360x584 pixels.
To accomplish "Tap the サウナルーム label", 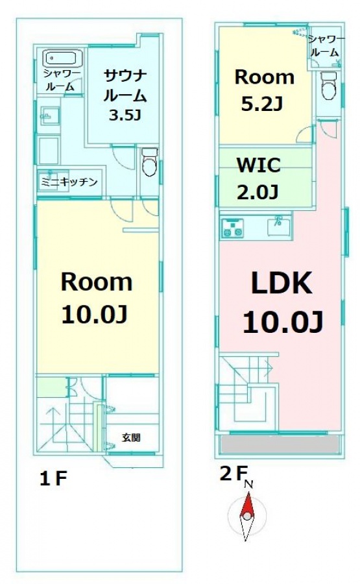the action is click(x=125, y=86).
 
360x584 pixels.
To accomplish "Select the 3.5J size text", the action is click(x=125, y=115).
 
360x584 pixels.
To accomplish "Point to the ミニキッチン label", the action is click(x=69, y=182).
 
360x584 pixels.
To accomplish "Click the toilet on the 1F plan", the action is click(x=150, y=162).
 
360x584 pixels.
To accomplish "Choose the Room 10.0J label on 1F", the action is click(x=96, y=298).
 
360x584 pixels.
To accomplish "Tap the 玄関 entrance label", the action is click(x=131, y=437).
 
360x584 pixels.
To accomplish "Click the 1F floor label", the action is click(x=53, y=479).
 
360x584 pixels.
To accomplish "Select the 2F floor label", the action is click(x=233, y=474).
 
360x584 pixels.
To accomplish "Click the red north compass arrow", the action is click(x=247, y=505).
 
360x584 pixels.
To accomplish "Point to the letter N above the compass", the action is click(x=248, y=484).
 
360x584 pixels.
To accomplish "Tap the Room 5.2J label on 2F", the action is click(x=264, y=90).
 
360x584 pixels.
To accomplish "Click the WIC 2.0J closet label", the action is click(x=259, y=178).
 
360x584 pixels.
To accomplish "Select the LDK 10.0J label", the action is click(x=283, y=302).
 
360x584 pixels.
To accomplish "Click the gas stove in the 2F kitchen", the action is click(x=233, y=228).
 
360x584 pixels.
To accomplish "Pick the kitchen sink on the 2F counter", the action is click(x=278, y=226).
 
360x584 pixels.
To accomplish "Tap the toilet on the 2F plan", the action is click(x=329, y=85).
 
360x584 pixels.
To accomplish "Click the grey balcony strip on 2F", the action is click(x=280, y=444).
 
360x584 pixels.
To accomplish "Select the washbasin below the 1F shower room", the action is click(x=49, y=116).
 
